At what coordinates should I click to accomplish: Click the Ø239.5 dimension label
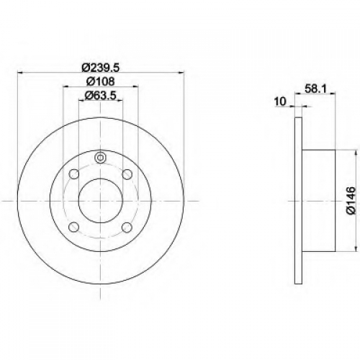point(100,68)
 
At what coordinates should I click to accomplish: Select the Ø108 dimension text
point(100,81)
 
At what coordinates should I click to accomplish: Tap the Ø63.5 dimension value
point(101,96)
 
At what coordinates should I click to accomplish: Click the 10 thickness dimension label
point(280,102)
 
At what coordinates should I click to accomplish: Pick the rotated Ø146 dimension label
point(351,200)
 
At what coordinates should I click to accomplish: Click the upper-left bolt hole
point(74,174)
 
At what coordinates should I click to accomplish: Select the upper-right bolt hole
point(127,174)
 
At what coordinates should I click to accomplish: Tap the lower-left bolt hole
point(74,228)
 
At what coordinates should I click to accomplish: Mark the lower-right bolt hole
point(127,228)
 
